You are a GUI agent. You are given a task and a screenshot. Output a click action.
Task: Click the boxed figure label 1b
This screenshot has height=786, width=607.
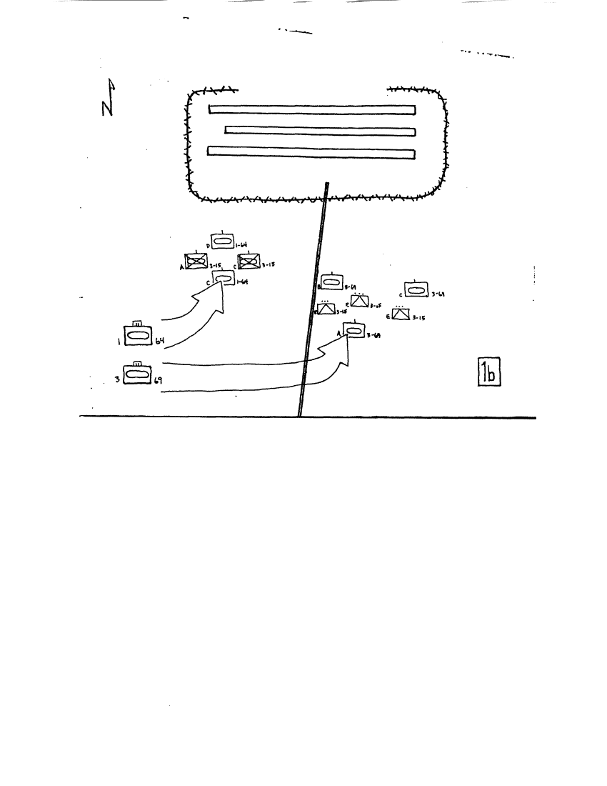click(x=490, y=372)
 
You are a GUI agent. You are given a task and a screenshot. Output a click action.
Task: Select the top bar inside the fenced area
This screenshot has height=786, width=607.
click(x=312, y=109)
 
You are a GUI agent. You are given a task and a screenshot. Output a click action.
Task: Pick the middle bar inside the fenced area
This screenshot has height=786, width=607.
click(x=320, y=130)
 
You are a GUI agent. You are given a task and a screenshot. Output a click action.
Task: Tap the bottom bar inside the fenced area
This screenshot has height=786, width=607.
click(x=311, y=151)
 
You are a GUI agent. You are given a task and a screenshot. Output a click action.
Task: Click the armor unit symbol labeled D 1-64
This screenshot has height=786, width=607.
click(x=223, y=242)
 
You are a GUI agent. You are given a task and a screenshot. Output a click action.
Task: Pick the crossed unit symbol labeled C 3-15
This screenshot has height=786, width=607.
click(x=249, y=262)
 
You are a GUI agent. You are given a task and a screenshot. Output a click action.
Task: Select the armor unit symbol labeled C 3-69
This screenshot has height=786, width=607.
click(x=416, y=289)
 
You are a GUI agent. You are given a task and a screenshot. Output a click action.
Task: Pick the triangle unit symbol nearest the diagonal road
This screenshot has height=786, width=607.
click(x=327, y=309)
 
